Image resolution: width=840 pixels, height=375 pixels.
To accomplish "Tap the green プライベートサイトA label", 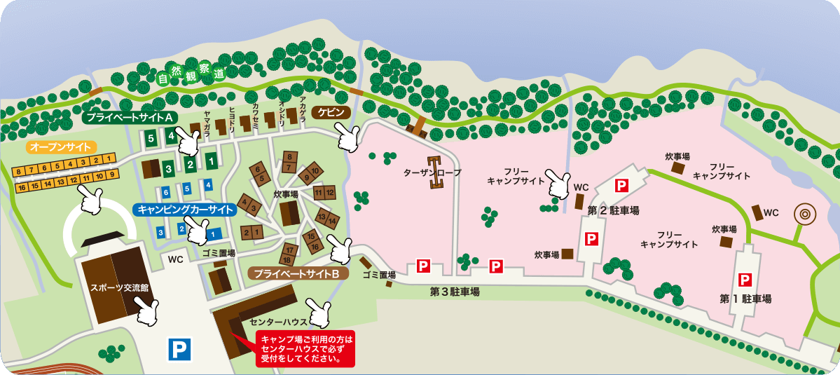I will click(x=131, y=117).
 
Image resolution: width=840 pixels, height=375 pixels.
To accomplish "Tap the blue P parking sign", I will click(x=179, y=348).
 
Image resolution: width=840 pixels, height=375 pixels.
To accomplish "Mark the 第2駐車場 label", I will click(x=613, y=210).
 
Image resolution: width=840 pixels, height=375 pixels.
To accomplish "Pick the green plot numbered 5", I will click(x=151, y=138).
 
